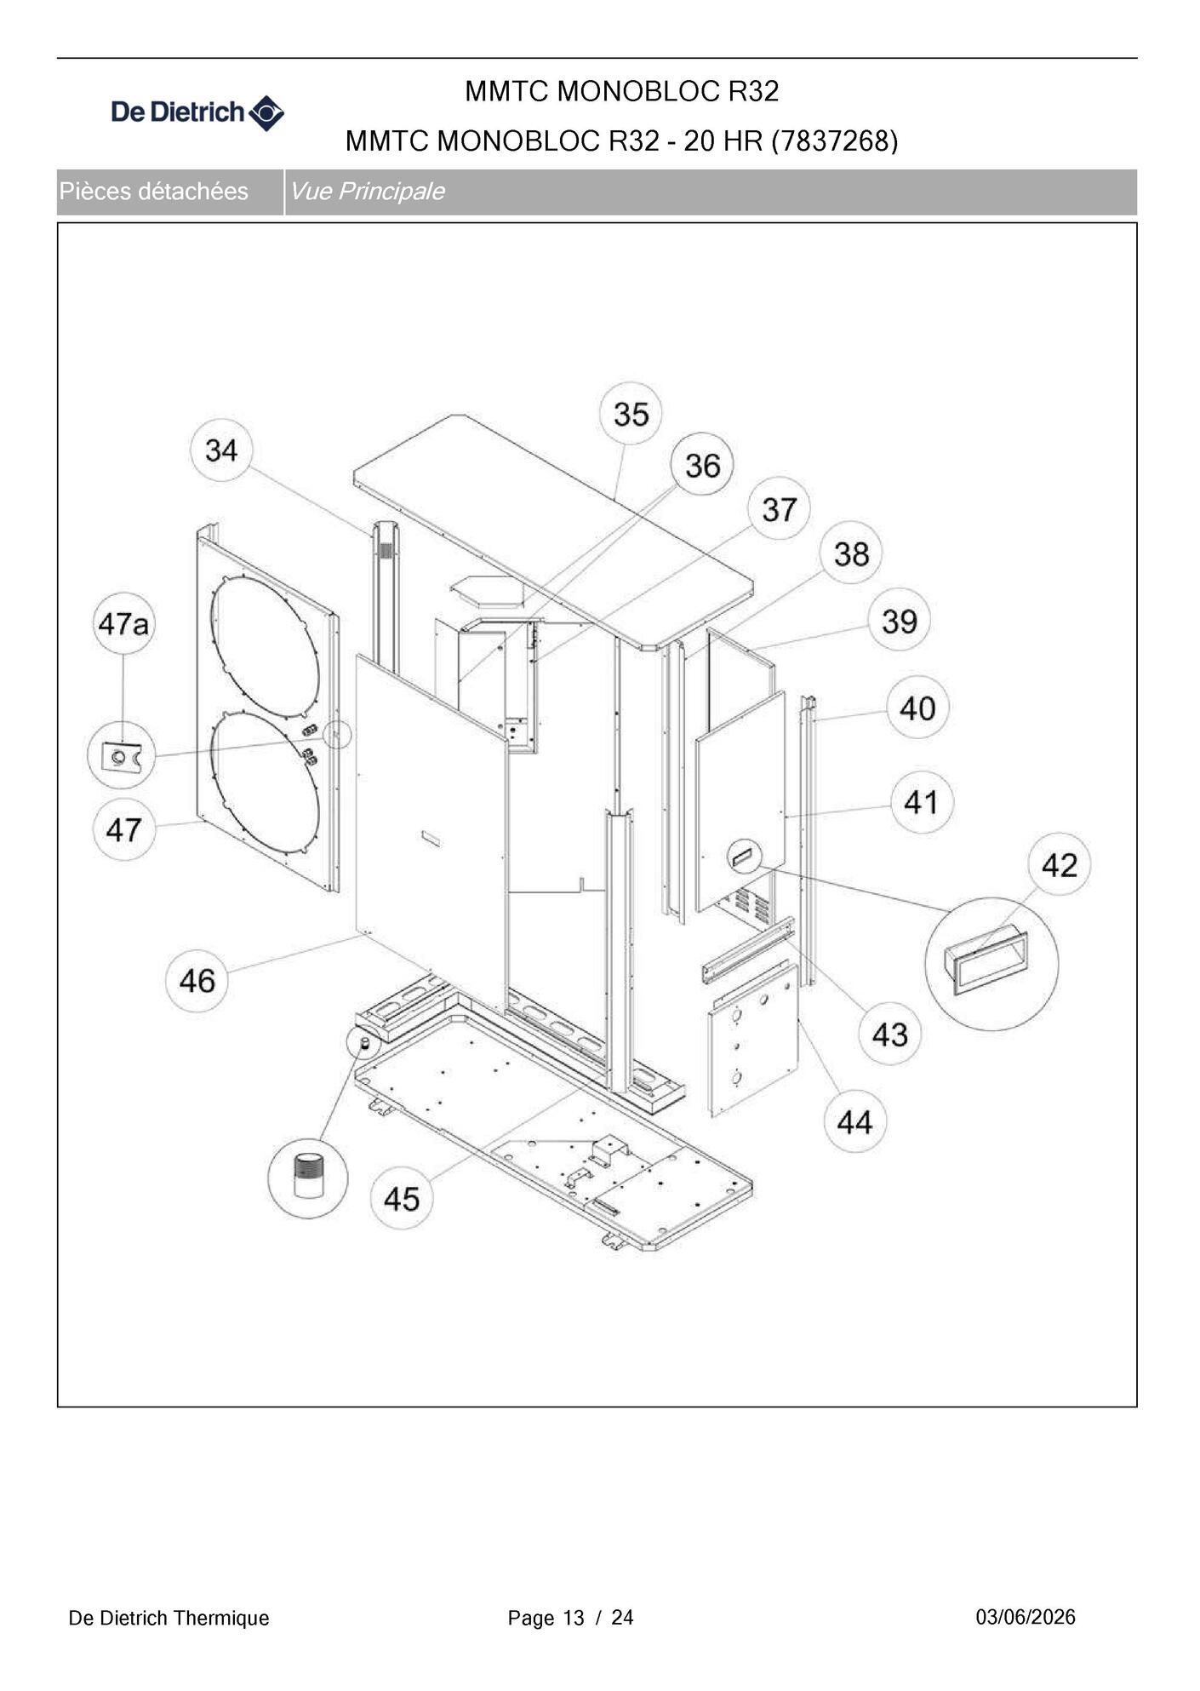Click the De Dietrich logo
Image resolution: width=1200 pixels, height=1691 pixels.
click(x=197, y=112)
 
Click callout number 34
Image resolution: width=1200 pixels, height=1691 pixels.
click(x=221, y=450)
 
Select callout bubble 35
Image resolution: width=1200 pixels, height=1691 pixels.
click(x=631, y=414)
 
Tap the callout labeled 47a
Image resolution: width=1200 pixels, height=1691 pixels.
click(x=123, y=623)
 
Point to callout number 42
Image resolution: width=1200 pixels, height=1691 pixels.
click(x=1060, y=864)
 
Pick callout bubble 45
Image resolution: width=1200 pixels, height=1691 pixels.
click(x=402, y=1198)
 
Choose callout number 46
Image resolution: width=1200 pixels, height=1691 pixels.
click(x=197, y=980)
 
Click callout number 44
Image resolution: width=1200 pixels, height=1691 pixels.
click(x=854, y=1121)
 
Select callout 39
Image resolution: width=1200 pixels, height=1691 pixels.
click(x=899, y=620)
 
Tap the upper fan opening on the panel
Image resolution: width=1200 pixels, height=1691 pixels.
click(x=265, y=646)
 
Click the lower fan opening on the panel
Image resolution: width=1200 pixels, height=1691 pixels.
click(x=265, y=782)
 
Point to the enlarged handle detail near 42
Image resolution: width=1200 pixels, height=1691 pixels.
click(x=991, y=964)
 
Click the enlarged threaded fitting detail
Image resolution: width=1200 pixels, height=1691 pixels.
click(x=308, y=1178)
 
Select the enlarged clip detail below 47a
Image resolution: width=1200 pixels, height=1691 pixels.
click(x=122, y=755)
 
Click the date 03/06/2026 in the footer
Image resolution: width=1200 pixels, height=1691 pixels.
click(x=1026, y=1617)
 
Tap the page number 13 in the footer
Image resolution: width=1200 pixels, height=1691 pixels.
click(x=574, y=1618)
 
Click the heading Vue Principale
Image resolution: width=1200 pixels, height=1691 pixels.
click(x=367, y=191)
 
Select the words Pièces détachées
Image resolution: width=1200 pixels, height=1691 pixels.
click(x=154, y=191)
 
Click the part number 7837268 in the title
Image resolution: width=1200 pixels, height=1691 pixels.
click(x=834, y=140)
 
